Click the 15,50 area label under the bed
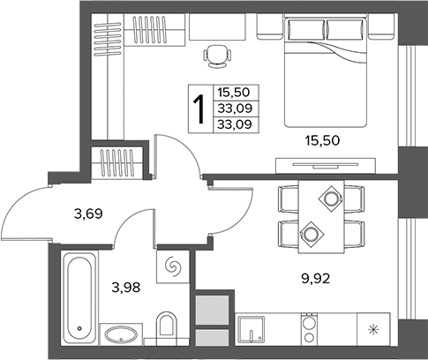coord(322,141)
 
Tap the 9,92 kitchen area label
coord(316,278)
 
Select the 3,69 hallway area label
coord(88,214)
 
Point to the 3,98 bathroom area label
coord(126,288)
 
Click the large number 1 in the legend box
coord(199,109)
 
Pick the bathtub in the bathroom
coord(79,297)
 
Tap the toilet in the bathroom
coord(167,326)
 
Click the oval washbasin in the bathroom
coord(121,334)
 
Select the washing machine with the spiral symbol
coord(173,266)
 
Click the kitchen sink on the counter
coord(251,329)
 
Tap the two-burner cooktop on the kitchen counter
coord(309,329)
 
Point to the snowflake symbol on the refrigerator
coord(373,329)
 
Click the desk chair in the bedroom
coord(217,56)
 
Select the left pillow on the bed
coord(306,29)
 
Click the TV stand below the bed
coord(326,166)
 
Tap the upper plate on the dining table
coord(331,199)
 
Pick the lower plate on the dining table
coord(312,234)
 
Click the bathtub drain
coord(79,328)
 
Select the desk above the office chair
coord(217,26)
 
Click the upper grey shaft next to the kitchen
coord(212,310)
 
